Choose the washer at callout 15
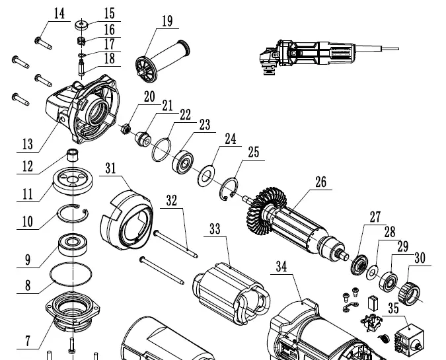(83, 26)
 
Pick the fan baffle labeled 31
(126, 218)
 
